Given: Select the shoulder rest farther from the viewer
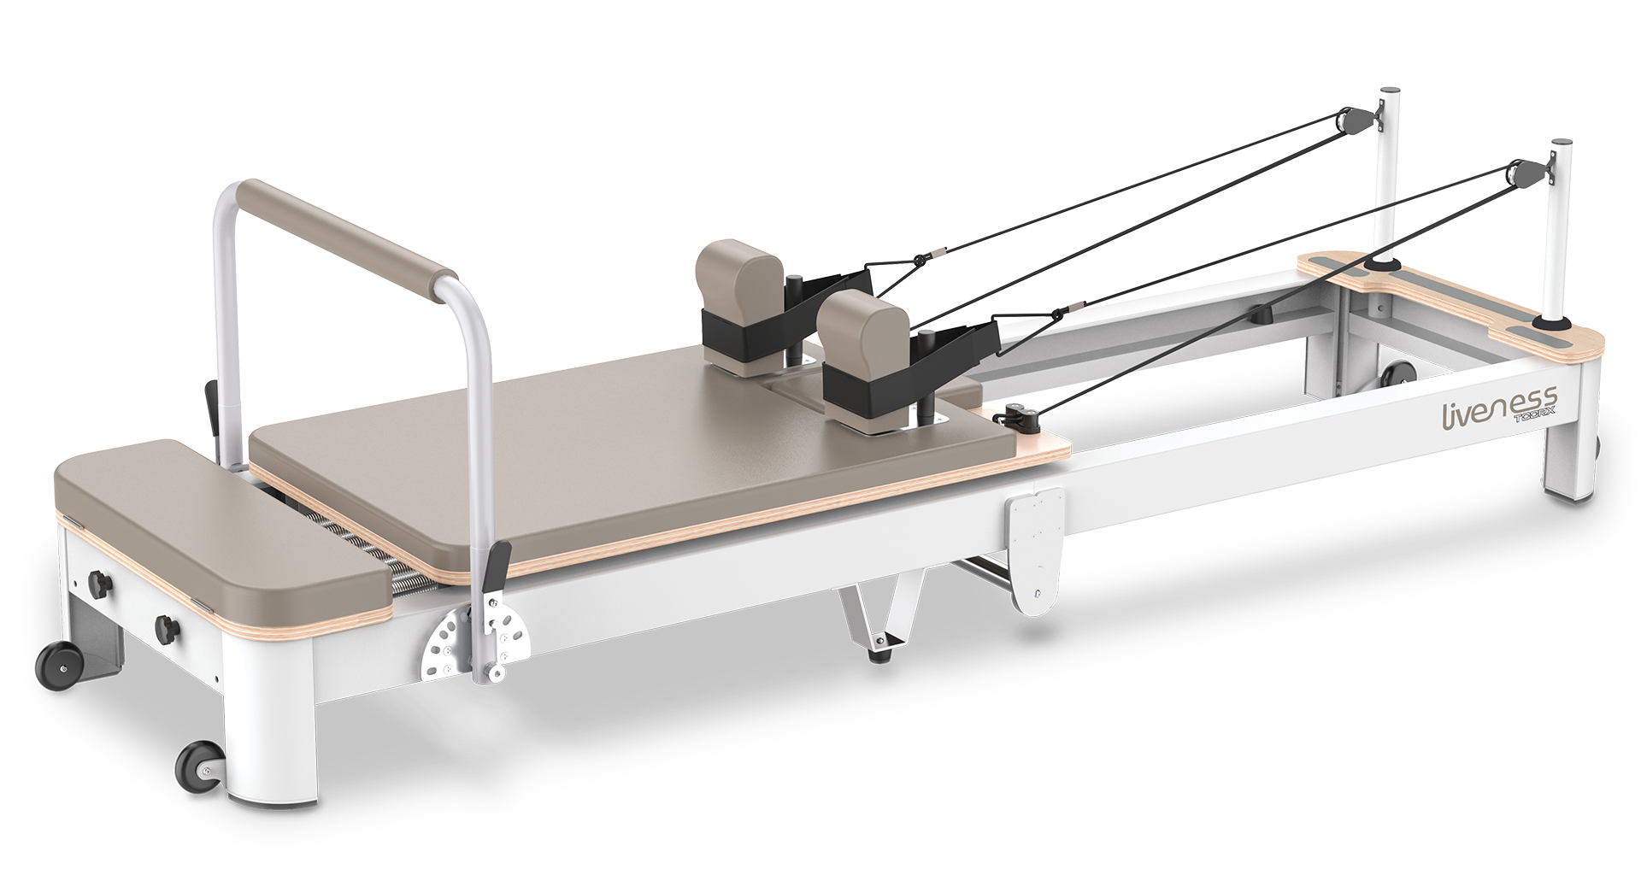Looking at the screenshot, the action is pos(740,308).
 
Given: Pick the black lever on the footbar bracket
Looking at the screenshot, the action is pos(497,568).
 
